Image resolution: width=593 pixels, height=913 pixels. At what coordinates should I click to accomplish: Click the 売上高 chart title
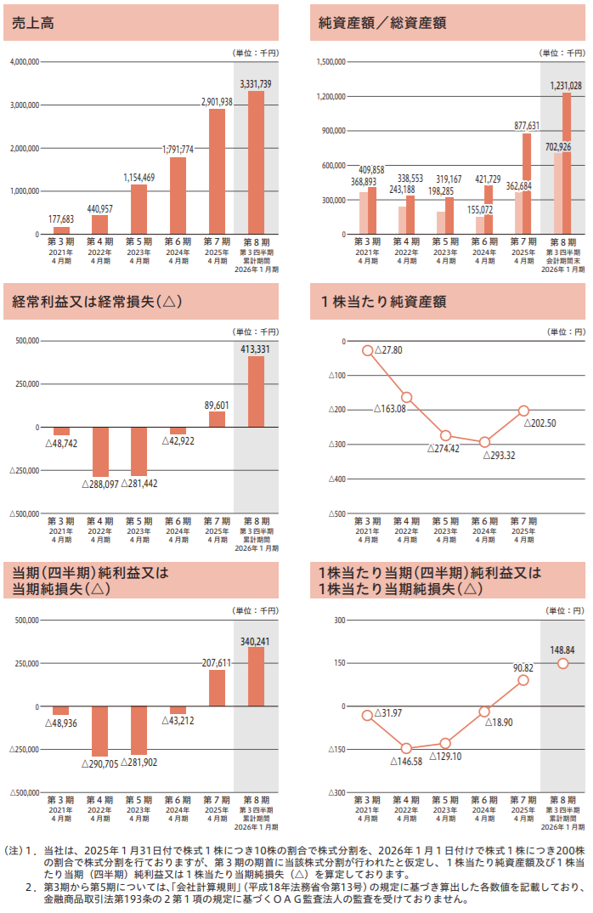point(31,21)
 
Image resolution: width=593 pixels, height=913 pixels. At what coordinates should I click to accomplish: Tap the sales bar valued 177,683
point(61,230)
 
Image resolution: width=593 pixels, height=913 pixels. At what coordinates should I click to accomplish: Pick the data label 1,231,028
point(566,86)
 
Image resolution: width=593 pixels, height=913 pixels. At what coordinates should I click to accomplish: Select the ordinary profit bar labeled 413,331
point(256,391)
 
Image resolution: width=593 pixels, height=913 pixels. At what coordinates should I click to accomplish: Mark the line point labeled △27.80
point(367,350)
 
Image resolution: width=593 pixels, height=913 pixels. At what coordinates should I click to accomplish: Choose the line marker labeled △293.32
point(484,442)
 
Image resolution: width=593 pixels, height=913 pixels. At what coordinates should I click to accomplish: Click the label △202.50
point(540,423)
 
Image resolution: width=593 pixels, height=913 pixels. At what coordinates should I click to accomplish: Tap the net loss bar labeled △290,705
point(100,730)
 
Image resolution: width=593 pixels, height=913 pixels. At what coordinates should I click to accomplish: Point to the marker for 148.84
point(562,663)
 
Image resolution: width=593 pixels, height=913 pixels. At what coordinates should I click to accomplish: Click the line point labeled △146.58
point(406,748)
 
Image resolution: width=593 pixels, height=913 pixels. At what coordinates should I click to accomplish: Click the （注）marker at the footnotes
point(15,849)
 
